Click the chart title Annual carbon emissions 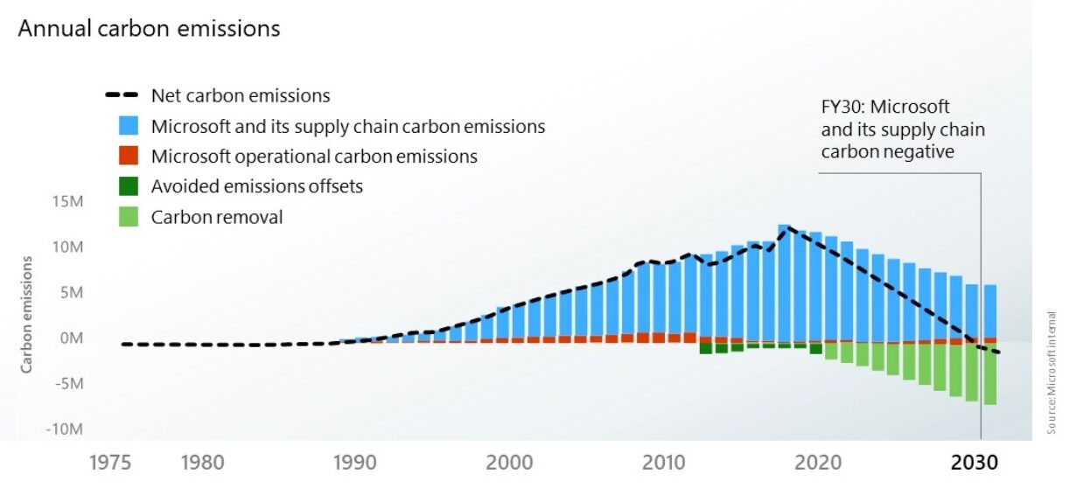150,29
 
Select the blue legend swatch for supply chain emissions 129,126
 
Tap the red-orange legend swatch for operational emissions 129,157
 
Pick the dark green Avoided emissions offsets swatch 129,186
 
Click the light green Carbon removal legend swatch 129,217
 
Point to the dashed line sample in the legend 123,95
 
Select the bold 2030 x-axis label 974,463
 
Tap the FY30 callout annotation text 901,129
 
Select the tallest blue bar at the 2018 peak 785,280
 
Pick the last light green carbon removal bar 990,373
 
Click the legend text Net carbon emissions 241,95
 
